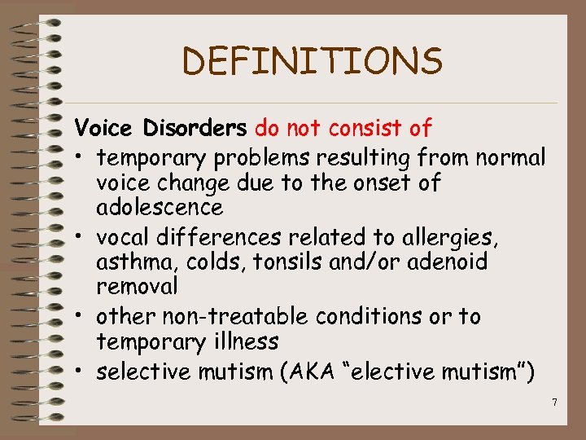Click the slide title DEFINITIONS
click(313, 61)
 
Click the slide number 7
click(553, 402)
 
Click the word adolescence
click(160, 207)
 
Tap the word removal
click(137, 287)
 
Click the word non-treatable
click(237, 316)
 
